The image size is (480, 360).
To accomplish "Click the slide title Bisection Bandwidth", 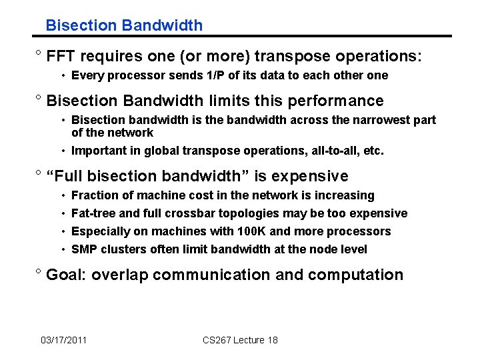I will click(x=124, y=25).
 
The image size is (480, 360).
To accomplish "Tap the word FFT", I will click(x=61, y=56).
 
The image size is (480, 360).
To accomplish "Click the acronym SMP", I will click(x=83, y=249).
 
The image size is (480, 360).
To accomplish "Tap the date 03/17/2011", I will click(x=63, y=340).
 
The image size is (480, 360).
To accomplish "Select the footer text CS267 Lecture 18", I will click(x=240, y=340).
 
